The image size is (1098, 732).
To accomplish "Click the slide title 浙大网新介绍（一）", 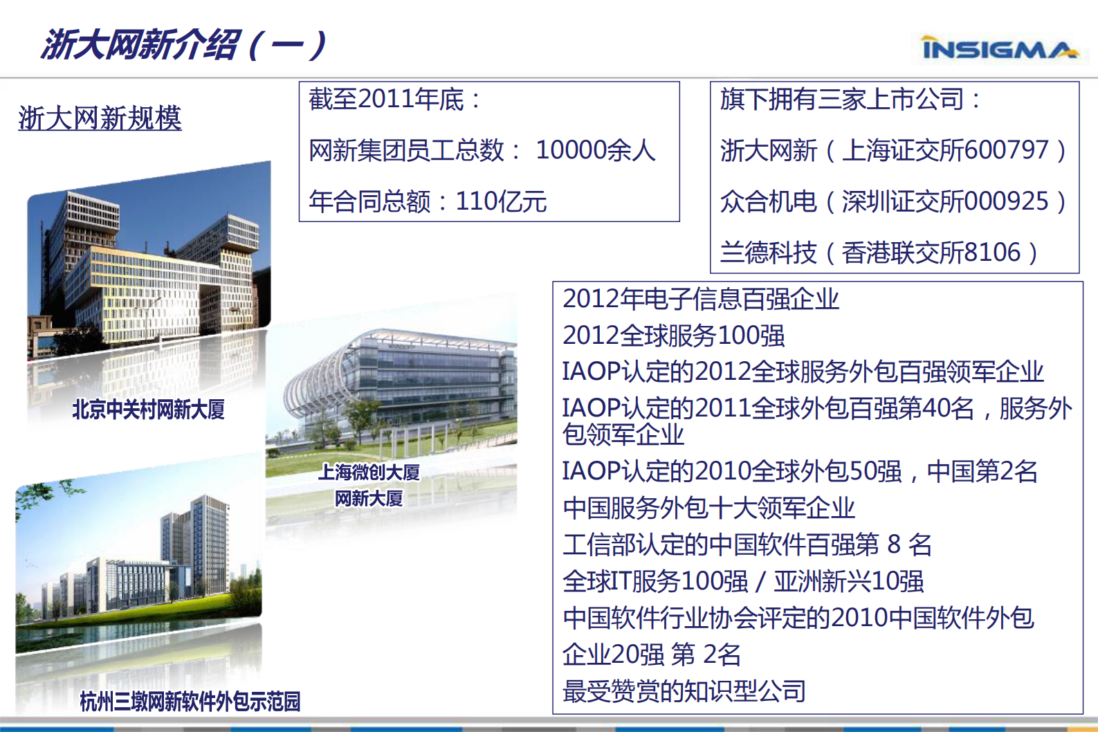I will point(183,45).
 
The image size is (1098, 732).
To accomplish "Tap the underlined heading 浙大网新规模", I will point(100,118).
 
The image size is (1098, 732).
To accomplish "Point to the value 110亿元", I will point(501,201).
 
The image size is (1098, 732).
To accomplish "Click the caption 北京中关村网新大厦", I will point(148,410).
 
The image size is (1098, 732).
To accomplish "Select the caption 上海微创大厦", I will point(369,473).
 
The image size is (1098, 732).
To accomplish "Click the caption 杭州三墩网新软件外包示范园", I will point(190,702).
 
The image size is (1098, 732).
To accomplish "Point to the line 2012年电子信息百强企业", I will point(700,299).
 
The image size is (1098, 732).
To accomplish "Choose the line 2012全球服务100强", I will point(673,336).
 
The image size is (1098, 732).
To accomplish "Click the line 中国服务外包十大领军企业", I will point(708,508).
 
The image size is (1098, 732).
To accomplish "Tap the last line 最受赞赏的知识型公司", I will point(684,690).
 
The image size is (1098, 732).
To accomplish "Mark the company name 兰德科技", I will point(768,253).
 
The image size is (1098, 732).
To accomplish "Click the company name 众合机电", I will point(768,201).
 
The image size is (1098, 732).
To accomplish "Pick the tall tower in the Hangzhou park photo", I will point(201,547).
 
